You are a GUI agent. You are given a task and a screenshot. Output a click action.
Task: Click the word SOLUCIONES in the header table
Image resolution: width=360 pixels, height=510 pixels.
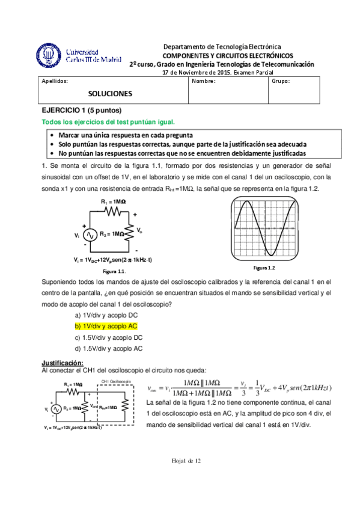(x=110, y=94)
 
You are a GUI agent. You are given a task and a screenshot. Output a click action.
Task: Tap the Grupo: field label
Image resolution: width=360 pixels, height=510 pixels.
(x=281, y=81)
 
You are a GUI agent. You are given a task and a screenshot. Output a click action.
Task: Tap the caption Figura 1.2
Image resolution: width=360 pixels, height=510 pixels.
(x=263, y=267)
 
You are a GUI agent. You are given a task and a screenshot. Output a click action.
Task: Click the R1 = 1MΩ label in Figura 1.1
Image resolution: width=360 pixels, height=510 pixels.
(x=113, y=201)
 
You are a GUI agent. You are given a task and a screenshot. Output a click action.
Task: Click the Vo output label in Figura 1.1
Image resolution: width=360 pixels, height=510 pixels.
(x=139, y=230)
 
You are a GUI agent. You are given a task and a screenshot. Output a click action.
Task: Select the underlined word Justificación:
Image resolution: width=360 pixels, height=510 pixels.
(x=62, y=363)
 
